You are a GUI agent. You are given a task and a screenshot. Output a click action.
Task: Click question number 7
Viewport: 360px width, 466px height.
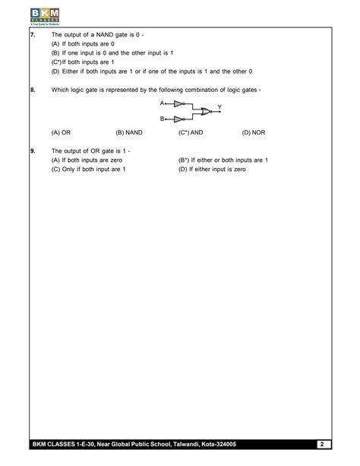(x=33, y=35)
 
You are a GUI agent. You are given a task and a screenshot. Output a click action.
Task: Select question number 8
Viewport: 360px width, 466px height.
(x=33, y=90)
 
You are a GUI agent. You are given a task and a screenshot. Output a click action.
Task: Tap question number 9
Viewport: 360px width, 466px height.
(x=33, y=151)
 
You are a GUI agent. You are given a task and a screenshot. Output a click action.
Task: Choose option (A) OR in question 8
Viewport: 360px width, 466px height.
(x=61, y=132)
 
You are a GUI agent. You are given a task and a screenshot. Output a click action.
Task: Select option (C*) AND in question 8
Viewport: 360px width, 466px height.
(x=191, y=132)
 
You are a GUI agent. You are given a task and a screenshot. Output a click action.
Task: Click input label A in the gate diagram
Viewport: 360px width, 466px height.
(x=162, y=102)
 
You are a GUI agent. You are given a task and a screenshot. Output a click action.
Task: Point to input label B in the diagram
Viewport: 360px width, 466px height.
(x=162, y=119)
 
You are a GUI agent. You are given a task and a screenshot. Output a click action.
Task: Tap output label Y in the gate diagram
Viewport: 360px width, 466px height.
(x=219, y=106)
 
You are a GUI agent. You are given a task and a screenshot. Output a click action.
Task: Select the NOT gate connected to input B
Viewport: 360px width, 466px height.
(x=178, y=119)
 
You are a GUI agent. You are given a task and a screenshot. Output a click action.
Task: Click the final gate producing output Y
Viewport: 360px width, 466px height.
(x=203, y=111)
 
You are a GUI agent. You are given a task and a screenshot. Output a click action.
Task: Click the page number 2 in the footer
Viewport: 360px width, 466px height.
(x=322, y=444)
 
